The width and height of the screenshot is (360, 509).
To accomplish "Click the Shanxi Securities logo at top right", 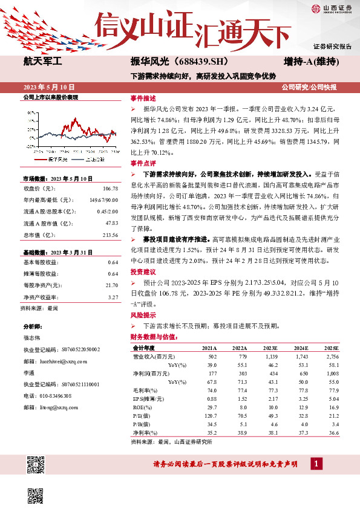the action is pos(332,8).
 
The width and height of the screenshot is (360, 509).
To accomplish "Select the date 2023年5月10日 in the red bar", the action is pos(49,87).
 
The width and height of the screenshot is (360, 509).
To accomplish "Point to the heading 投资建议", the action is pos(143,272).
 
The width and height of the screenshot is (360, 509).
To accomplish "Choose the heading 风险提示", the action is pos(143,316).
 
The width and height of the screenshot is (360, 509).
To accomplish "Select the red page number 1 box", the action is pos(316,463).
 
